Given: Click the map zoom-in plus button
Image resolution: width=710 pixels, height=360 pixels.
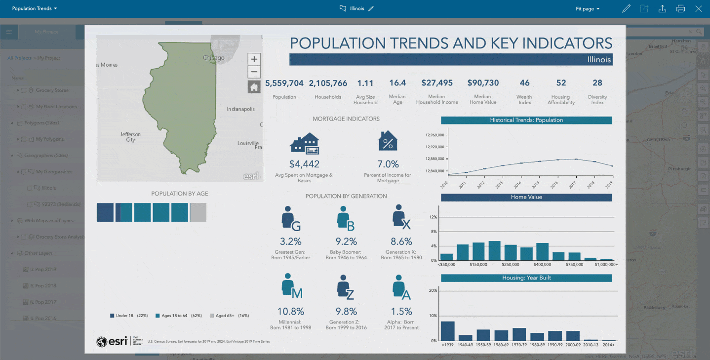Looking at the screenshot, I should point(254,59).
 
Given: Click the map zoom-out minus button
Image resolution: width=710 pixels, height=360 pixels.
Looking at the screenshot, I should point(254,72).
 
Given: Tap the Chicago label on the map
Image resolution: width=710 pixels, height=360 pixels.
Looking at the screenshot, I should point(213,58).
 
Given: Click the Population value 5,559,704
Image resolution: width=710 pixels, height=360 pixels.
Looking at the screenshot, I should point(284,83).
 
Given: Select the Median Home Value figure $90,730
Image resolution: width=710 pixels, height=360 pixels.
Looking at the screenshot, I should point(483,83).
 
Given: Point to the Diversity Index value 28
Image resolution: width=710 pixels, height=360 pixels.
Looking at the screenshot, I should point(597,83).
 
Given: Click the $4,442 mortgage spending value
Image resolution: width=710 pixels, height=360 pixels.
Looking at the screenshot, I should point(304,164).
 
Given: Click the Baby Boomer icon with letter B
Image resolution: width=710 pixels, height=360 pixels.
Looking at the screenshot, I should point(345,218).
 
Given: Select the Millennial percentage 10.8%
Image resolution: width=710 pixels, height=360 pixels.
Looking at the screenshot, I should point(290,312).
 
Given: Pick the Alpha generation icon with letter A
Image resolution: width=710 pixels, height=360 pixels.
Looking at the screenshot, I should point(400,287).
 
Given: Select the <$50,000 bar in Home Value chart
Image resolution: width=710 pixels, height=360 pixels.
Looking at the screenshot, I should point(446,257).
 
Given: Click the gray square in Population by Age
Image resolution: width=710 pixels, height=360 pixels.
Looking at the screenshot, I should point(198,212).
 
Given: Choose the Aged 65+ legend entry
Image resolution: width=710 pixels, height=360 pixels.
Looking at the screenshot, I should point(230,316).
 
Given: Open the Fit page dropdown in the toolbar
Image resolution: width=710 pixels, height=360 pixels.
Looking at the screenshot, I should point(588,9).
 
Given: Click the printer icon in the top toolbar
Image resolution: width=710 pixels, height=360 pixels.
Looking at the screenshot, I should point(680,8).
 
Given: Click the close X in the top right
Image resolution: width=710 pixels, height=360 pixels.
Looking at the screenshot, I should point(699,8).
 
